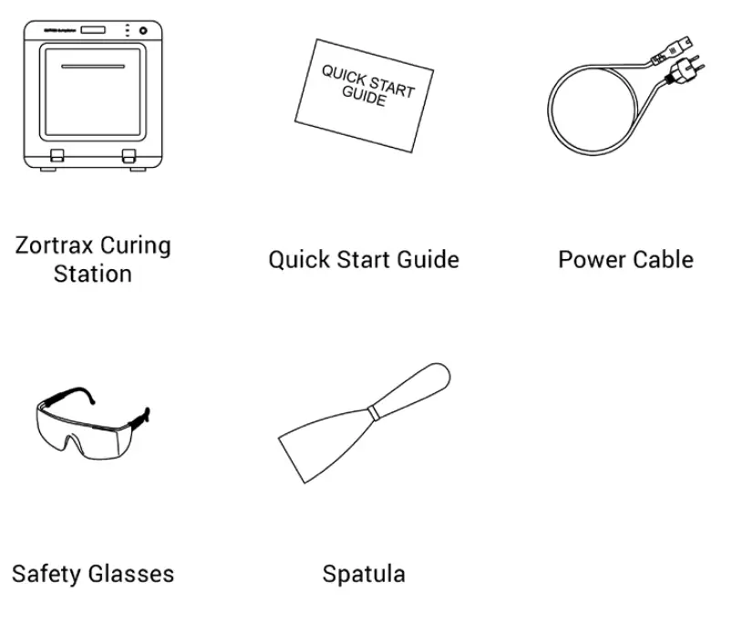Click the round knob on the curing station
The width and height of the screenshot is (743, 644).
point(143,31)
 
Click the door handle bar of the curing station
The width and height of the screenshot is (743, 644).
point(93,66)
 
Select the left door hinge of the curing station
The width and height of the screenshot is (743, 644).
point(57,155)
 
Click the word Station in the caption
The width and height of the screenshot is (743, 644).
point(92,274)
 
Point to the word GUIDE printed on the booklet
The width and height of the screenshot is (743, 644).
point(364,97)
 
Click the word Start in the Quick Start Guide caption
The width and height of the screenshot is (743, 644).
point(365,259)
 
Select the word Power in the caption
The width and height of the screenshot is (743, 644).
point(588,259)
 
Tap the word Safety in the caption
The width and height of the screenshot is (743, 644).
point(46,574)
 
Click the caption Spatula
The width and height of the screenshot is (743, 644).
point(364,574)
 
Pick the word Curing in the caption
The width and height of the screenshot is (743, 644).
point(135,245)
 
